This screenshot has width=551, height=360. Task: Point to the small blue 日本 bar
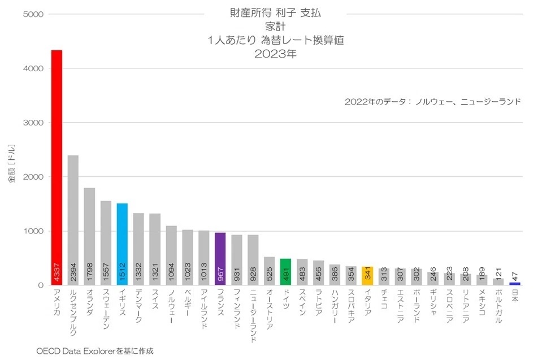[x=515, y=284]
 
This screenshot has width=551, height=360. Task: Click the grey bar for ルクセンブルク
[x=73, y=220]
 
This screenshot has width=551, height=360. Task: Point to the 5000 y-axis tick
[x=33, y=14]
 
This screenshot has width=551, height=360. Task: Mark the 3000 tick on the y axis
[x=33, y=123]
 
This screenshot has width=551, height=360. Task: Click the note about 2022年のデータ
[x=432, y=102]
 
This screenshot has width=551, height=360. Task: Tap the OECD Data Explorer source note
[x=95, y=350]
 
